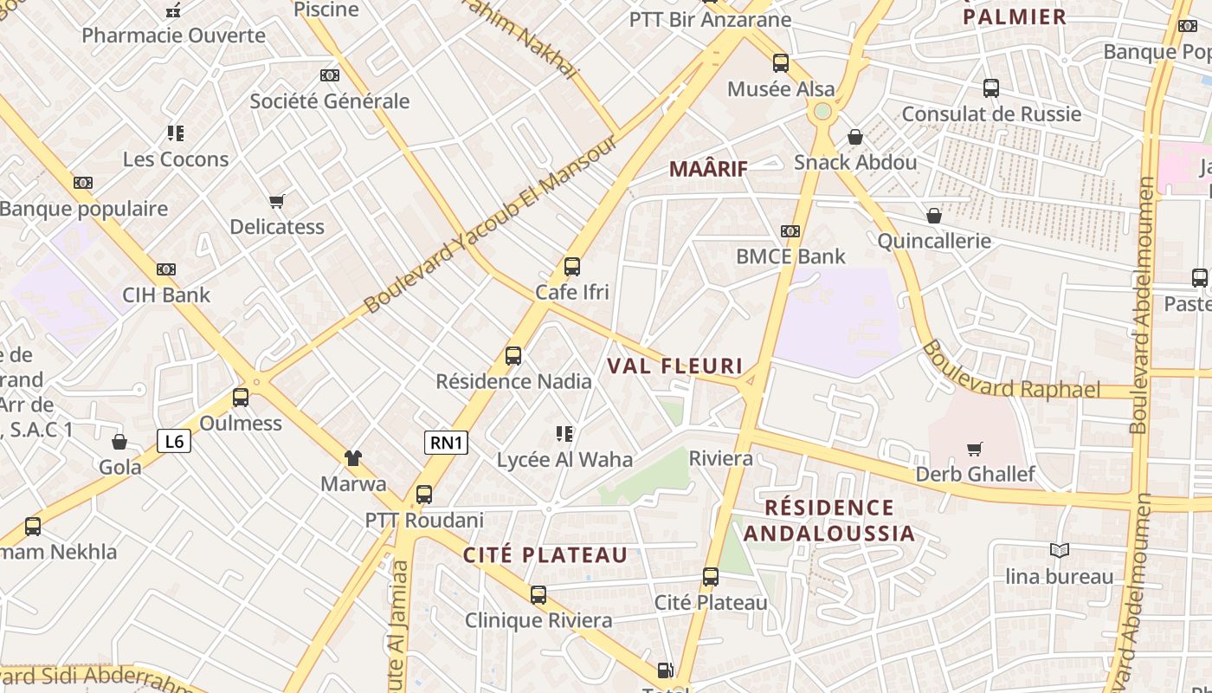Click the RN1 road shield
[x=447, y=443]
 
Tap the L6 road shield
[x=174, y=441]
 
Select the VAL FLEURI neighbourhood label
[x=675, y=366]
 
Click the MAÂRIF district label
[x=707, y=169]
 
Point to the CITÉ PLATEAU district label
[x=545, y=555]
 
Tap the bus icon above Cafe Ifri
[x=571, y=266]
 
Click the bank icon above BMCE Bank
[x=790, y=231]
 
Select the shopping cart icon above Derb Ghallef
[x=975, y=449]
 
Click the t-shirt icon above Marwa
[x=353, y=457]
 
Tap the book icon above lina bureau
[x=1059, y=551]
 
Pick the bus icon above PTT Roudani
[x=423, y=495]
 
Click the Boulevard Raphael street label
[x=1010, y=371]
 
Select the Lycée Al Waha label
[x=564, y=460]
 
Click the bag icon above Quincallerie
[x=934, y=215]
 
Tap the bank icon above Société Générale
[x=329, y=75]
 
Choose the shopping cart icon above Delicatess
[x=277, y=202]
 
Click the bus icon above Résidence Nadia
[x=513, y=355]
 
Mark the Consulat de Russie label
[x=991, y=113]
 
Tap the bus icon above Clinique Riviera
[x=538, y=594]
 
